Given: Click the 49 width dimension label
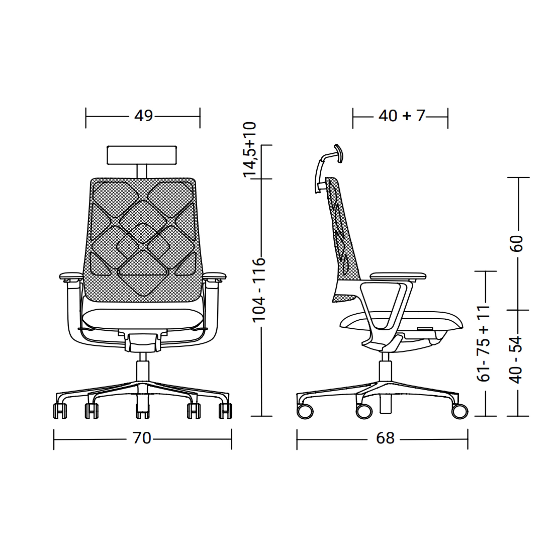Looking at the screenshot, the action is (x=143, y=116).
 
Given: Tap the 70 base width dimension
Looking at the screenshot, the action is (x=142, y=438).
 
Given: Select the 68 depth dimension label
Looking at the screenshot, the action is (x=385, y=438).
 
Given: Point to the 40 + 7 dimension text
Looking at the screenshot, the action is (x=402, y=116).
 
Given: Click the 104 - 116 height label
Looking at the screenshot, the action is (x=259, y=290).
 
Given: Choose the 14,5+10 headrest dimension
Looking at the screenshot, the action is (x=249, y=149).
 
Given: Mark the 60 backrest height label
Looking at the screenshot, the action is (x=516, y=243).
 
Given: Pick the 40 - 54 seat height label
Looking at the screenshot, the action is (x=516, y=360).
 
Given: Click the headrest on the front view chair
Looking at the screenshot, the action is (x=142, y=155).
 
